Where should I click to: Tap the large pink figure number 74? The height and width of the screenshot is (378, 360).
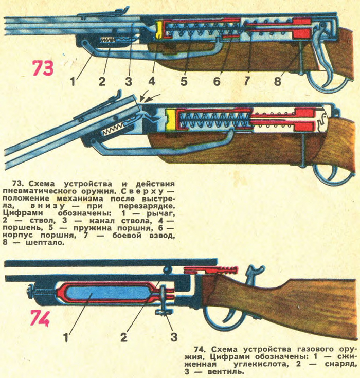(x=39, y=319)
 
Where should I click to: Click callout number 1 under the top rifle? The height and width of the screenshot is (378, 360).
(x=74, y=81)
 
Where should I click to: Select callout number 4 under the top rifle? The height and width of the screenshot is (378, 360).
(x=151, y=81)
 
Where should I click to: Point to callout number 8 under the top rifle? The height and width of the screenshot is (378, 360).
(x=277, y=81)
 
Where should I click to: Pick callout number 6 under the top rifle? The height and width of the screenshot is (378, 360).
(x=217, y=81)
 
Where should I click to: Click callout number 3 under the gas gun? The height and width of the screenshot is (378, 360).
(x=174, y=337)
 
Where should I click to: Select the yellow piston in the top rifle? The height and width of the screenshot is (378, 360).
(x=160, y=30)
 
